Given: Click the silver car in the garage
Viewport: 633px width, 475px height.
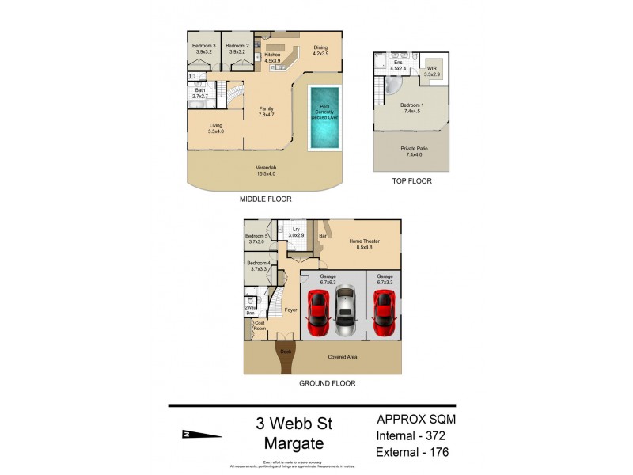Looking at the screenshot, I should [346, 312].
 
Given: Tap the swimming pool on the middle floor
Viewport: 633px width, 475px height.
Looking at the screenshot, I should [325, 117].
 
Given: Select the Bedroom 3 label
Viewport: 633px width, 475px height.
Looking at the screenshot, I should [203, 49].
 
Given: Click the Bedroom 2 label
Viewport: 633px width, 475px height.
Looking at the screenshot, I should [237, 49].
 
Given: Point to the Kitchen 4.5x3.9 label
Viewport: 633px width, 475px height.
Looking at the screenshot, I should [273, 57].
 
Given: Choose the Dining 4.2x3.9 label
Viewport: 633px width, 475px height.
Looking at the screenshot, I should [320, 50].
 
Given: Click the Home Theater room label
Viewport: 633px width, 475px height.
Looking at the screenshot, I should [360, 247].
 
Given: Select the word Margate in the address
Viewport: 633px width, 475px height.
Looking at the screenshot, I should [288, 443].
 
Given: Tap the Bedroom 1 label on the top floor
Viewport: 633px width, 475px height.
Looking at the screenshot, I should [411, 108].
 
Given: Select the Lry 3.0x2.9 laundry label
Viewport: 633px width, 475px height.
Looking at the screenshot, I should [297, 233].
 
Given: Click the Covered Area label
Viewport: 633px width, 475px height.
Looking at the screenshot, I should [343, 357].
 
